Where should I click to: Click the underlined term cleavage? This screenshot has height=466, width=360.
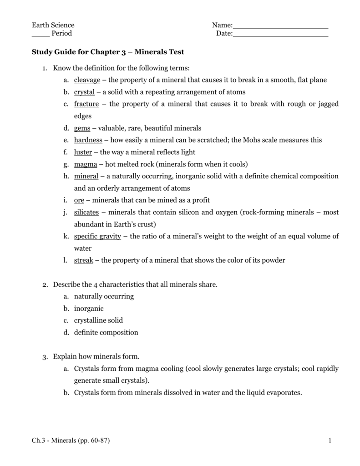click(87, 80)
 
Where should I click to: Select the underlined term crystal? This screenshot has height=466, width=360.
click(84, 92)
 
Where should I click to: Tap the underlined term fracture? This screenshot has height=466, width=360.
click(86, 104)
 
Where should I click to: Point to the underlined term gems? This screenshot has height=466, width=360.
click(82, 128)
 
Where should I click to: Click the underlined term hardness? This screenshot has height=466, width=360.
click(88, 140)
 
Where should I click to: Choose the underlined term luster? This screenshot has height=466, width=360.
click(83, 152)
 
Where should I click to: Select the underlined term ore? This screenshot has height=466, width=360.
click(79, 200)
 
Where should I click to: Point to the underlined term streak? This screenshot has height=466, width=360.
click(83, 260)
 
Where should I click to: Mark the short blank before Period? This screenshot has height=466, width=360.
click(40, 34)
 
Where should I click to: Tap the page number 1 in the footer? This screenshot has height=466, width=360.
click(327, 441)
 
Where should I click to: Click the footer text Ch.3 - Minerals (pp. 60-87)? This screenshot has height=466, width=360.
click(71, 441)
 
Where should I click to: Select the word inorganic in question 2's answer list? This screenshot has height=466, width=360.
click(89, 309)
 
